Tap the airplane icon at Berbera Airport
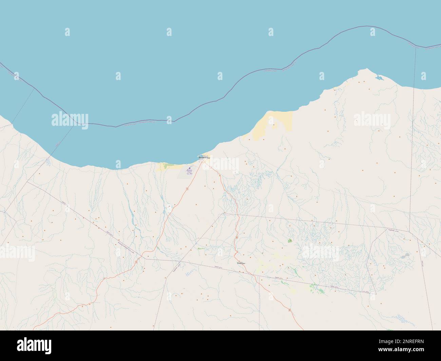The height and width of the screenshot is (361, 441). coord(189,168)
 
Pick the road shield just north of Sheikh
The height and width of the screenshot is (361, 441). coord(236,237)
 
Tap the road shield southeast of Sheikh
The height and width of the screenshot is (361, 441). coord(289,310)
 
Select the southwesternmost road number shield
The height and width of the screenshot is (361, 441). coord(136,262)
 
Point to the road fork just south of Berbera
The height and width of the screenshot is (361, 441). coord(204,162)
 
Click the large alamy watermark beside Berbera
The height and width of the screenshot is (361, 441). coord(220,163)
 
